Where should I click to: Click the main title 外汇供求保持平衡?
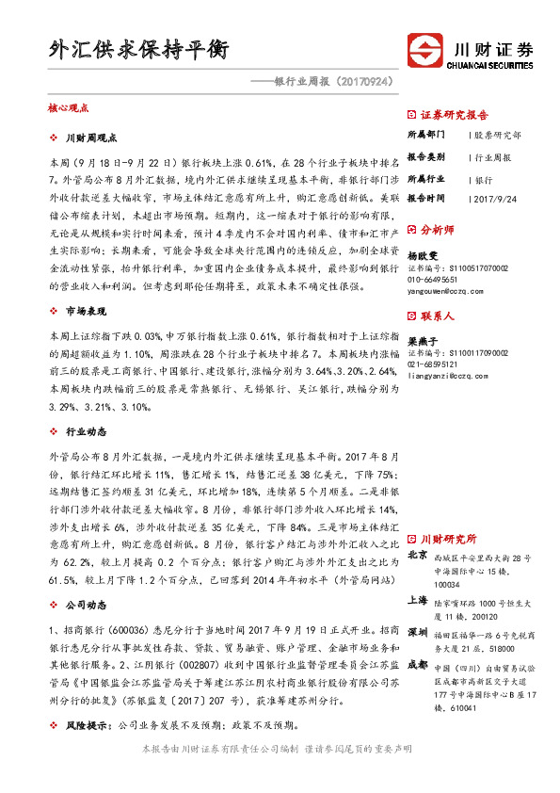(x=138, y=49)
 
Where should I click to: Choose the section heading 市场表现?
(x=85, y=310)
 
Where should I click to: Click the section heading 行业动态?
(x=85, y=431)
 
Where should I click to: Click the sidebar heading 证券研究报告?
(x=454, y=115)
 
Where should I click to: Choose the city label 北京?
(x=418, y=556)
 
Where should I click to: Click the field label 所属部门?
(x=426, y=135)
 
